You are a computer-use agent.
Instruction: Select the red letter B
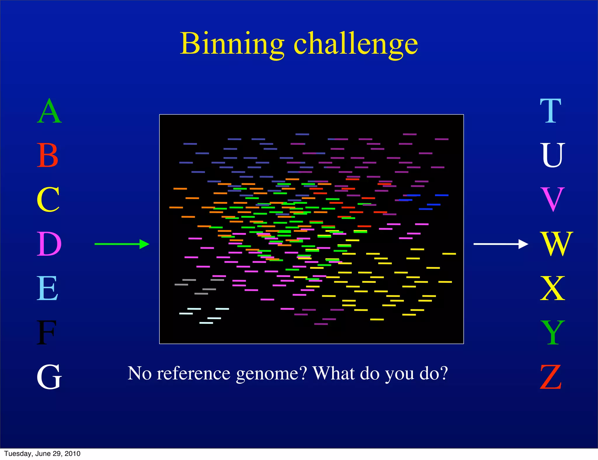pos(48,155)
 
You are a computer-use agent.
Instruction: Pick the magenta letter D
pos(49,244)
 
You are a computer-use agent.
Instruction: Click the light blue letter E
pos(47,288)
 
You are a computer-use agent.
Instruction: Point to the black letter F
pos(46,333)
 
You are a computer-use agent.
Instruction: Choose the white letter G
pos(49,377)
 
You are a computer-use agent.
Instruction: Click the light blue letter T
pos(550,111)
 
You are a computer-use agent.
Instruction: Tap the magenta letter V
pos(552,200)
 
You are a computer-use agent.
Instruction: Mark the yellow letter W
pos(557,244)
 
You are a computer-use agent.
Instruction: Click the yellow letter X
pos(552,288)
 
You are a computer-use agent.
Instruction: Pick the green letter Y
pos(552,333)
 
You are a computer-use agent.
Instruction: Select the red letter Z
pos(551,377)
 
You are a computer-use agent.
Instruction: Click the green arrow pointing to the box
pos(122,244)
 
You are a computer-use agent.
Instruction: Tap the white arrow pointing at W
pos(500,244)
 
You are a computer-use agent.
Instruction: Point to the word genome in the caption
pos(272,374)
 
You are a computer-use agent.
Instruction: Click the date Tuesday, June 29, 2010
pos(42,454)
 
